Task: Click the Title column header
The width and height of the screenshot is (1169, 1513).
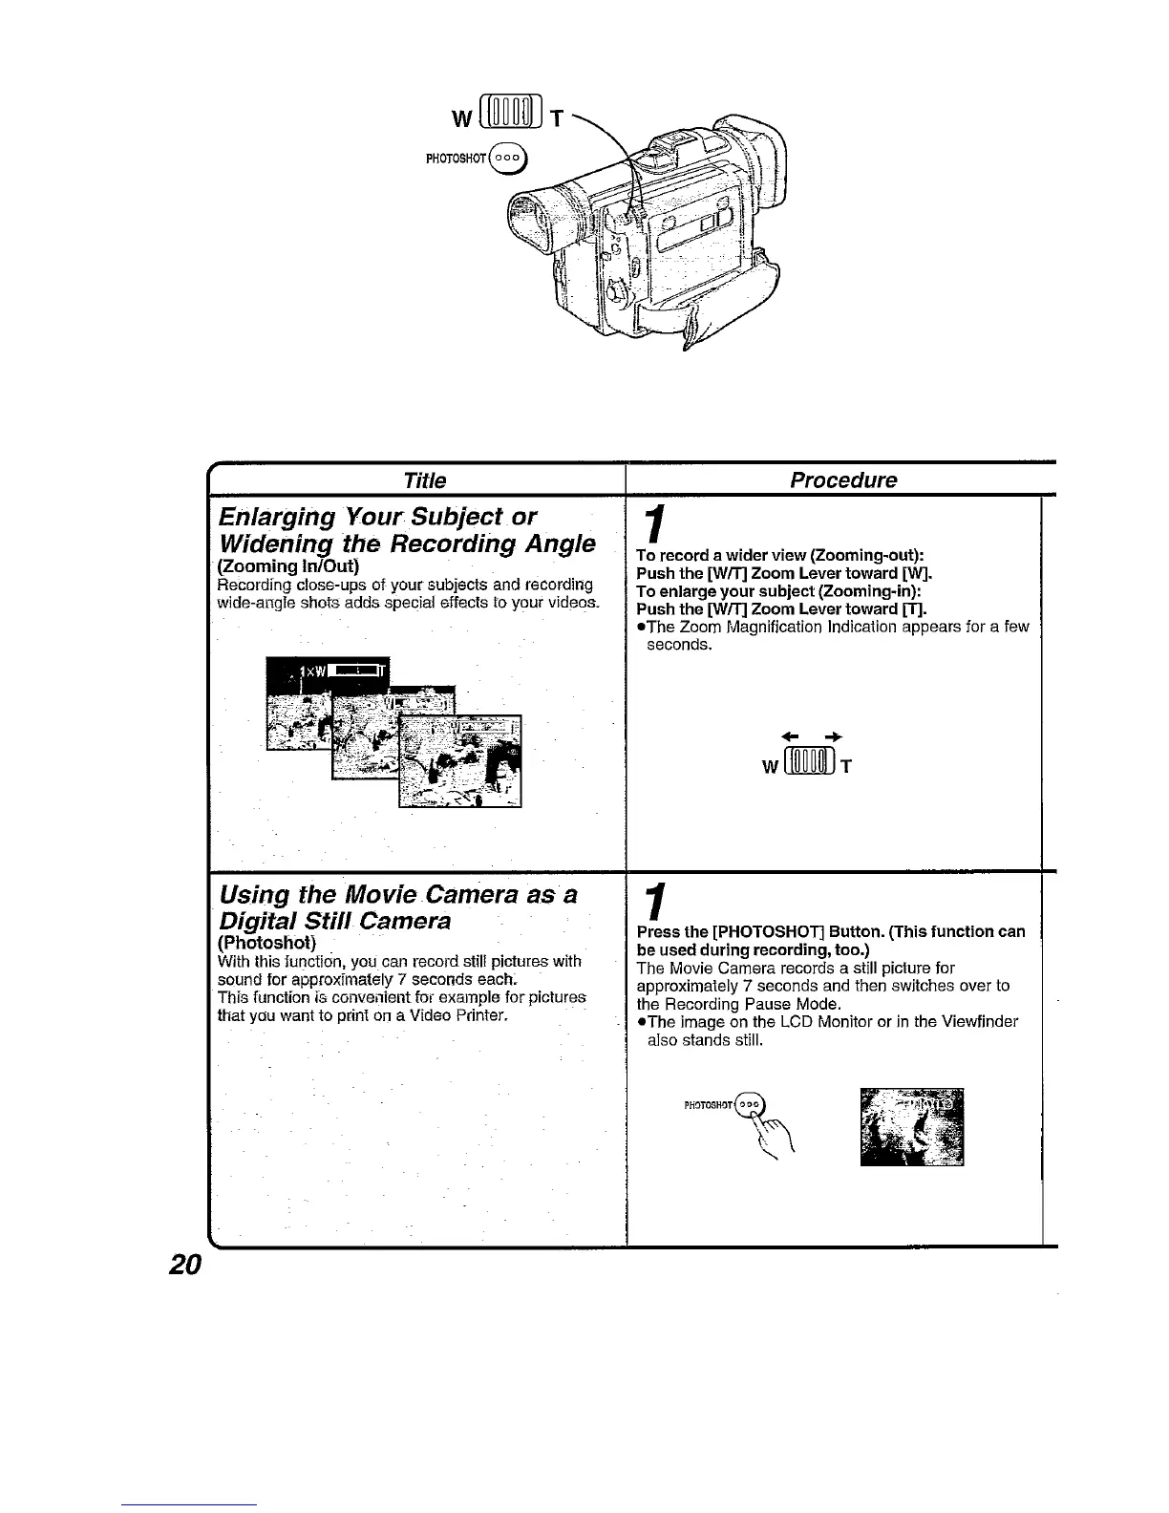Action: point(425,480)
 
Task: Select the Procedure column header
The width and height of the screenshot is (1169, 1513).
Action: point(843,480)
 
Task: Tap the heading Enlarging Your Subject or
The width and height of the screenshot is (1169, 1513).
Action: point(377,518)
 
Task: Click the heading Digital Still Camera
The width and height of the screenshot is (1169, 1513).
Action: point(335,921)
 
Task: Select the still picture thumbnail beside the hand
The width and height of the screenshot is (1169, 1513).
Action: point(911,1127)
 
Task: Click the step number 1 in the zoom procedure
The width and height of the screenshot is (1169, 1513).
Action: point(652,525)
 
